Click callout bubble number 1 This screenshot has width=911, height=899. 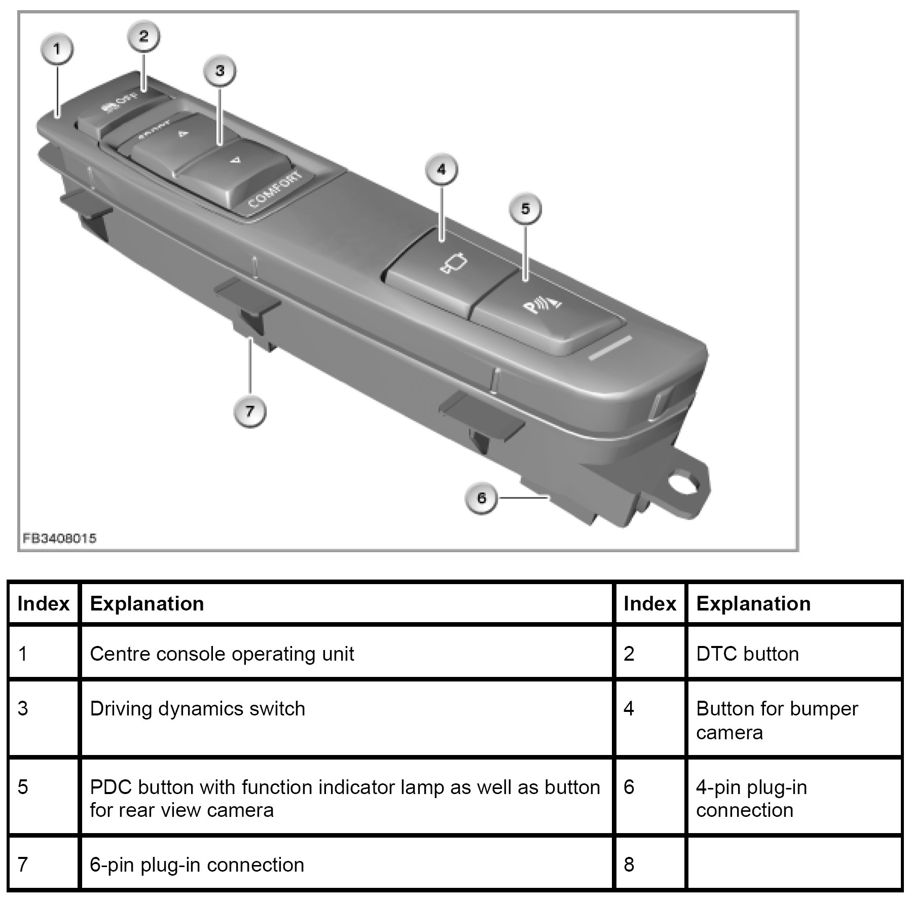tap(57, 49)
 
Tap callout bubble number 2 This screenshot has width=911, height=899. tap(143, 36)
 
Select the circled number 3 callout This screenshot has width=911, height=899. tap(220, 70)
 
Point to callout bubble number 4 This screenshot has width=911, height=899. tap(441, 169)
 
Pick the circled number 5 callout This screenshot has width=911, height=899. tap(525, 208)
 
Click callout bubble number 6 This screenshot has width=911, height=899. tap(481, 498)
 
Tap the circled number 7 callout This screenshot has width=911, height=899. tap(249, 411)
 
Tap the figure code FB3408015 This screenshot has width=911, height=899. tap(59, 538)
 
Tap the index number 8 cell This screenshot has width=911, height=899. tap(629, 864)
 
